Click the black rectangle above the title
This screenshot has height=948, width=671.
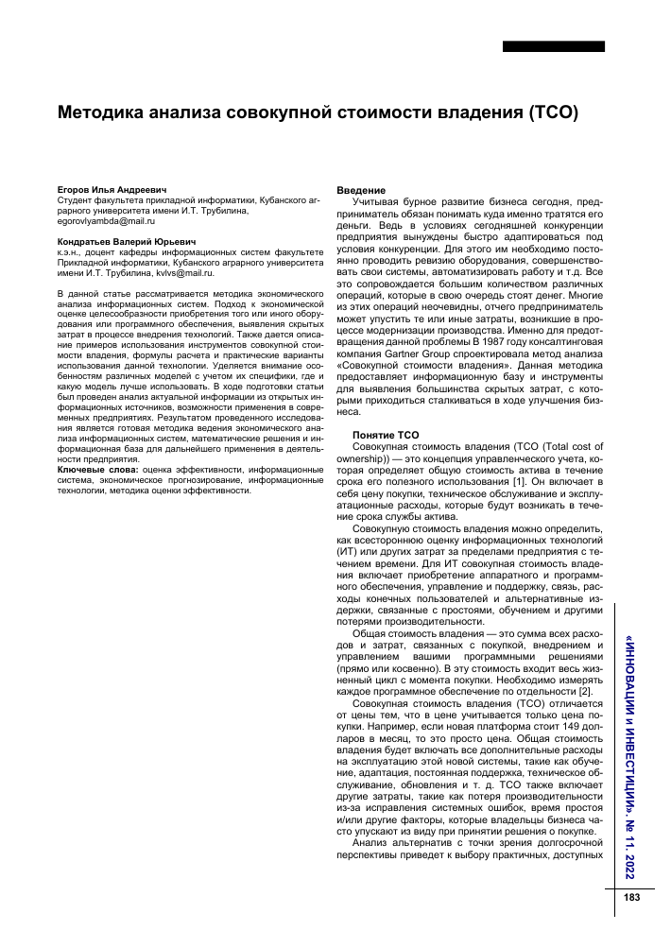pyautogui.click(x=553, y=46)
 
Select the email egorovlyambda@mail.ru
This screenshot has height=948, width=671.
pyautogui.click(x=102, y=220)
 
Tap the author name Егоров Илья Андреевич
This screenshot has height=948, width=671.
pyautogui.click(x=111, y=190)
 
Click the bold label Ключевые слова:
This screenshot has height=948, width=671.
pyautogui.click(x=97, y=469)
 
